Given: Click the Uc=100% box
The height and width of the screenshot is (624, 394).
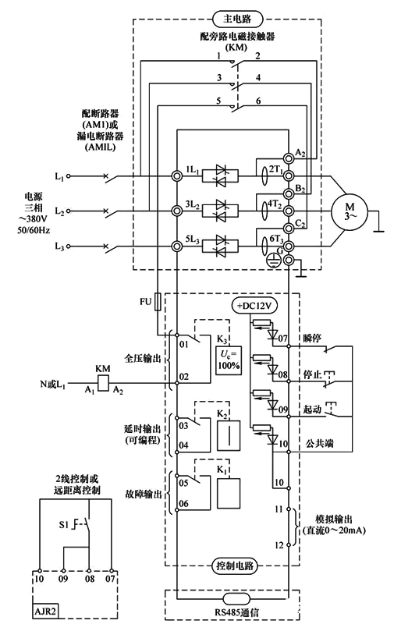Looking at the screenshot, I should pyautogui.click(x=229, y=360).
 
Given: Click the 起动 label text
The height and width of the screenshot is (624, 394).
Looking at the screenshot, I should pyautogui.click(x=313, y=407).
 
